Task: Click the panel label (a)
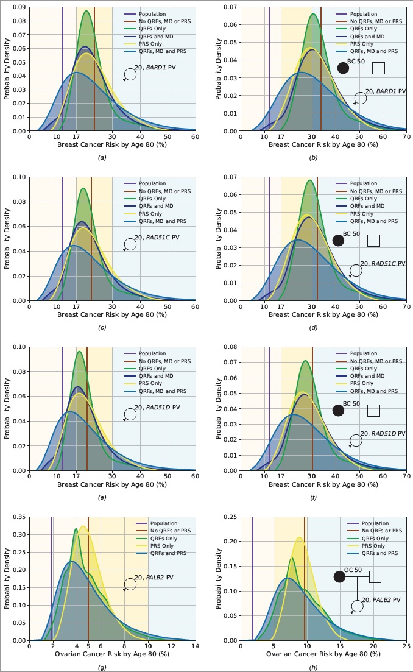click(102, 157)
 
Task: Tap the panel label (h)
click(313, 667)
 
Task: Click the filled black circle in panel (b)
click(343, 68)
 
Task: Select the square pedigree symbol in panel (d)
click(373, 240)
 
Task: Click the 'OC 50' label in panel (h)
click(353, 570)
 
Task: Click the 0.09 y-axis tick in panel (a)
click(18, 7)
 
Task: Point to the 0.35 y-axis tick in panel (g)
click(18, 517)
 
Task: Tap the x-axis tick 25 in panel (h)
click(406, 645)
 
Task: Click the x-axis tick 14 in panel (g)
click(195, 645)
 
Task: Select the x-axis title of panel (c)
click(112, 314)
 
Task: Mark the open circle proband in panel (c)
click(130, 244)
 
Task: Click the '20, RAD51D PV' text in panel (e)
click(158, 407)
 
